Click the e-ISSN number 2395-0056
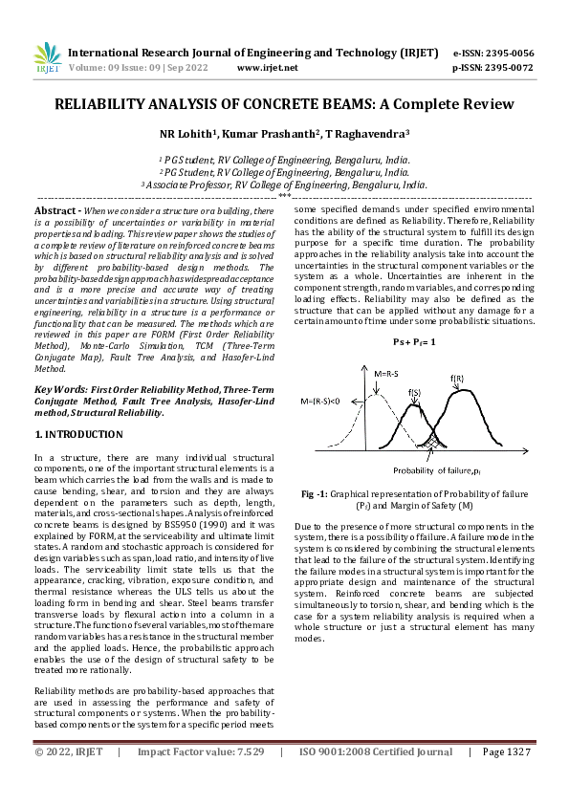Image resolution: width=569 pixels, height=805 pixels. (x=510, y=53)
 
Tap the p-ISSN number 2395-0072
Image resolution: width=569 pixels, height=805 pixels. (x=510, y=68)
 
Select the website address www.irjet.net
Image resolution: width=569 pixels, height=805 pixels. (x=267, y=68)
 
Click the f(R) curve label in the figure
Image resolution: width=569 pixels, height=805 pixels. (x=459, y=380)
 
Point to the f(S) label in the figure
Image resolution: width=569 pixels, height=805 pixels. (x=415, y=392)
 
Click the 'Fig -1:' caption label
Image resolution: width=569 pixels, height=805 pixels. (x=316, y=493)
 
